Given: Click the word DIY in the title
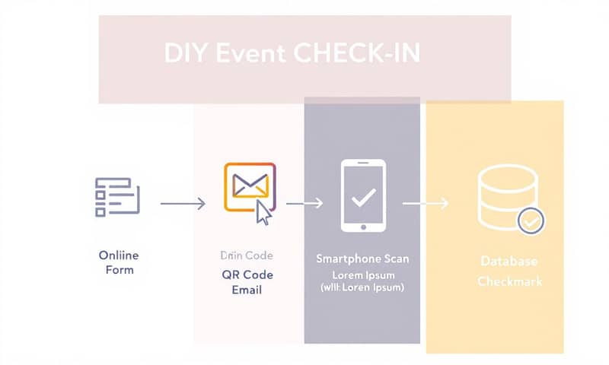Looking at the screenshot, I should click(x=180, y=55).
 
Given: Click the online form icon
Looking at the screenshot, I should click(x=116, y=196).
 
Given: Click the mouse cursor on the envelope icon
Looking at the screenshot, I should click(x=263, y=213).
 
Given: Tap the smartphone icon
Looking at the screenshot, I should click(x=362, y=195).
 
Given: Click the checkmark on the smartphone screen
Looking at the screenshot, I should click(x=362, y=198).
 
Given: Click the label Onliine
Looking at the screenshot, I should click(x=119, y=255).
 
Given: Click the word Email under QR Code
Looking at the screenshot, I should click(x=246, y=290).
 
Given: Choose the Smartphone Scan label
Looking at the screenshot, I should click(x=362, y=259).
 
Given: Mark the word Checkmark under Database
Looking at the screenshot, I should click(x=510, y=281).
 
